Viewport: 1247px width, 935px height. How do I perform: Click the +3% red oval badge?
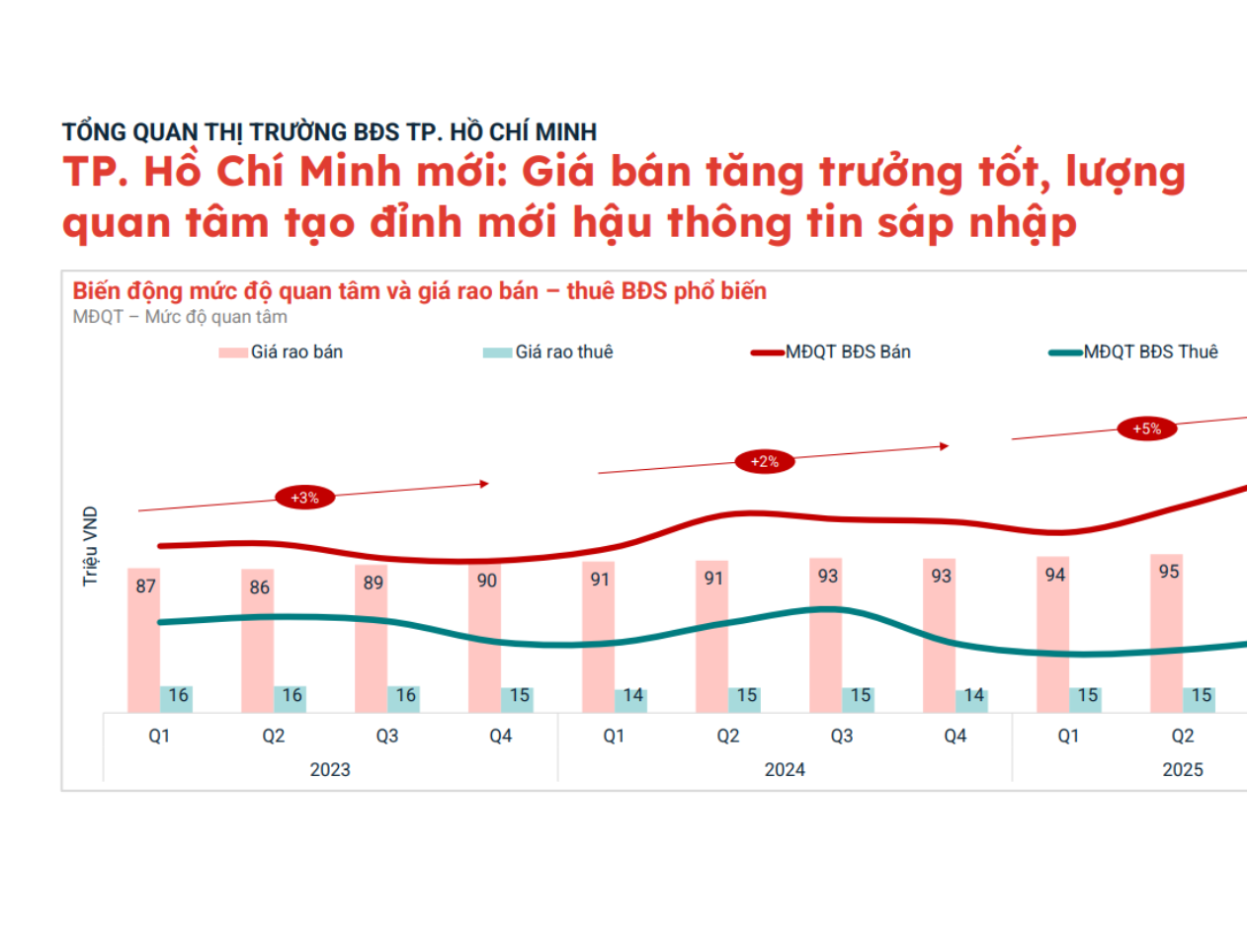[x=304, y=498]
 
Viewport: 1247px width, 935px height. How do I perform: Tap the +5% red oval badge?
[x=1146, y=429]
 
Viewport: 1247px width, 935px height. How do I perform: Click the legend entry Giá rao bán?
[x=282, y=351]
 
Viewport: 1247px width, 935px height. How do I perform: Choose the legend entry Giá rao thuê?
[x=547, y=351]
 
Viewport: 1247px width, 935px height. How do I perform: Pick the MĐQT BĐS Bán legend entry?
[x=831, y=351]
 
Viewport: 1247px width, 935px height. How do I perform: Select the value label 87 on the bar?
[x=145, y=585]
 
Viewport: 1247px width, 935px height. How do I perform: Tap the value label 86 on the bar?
[x=258, y=587]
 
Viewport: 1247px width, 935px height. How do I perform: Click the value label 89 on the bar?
[x=373, y=583]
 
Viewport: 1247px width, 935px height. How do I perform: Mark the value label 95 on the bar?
[x=1169, y=571]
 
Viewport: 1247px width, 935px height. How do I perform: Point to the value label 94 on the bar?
[x=1055, y=574]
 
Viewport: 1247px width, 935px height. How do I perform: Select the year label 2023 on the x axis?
[x=330, y=769]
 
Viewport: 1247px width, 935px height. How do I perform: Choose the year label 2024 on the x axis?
[x=785, y=769]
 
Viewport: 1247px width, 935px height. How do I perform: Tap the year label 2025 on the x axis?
[x=1183, y=769]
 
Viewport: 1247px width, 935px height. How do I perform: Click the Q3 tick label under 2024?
[x=842, y=736]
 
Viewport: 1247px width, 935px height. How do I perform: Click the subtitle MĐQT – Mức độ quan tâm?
[x=180, y=317]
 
